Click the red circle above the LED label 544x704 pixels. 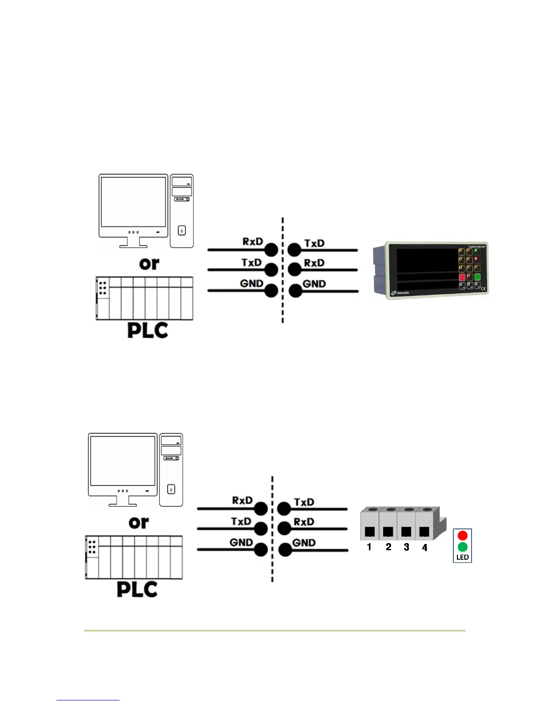click(x=462, y=536)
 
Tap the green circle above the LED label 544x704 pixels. click(x=462, y=547)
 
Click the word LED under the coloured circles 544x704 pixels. click(x=462, y=557)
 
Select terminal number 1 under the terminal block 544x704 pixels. click(x=369, y=547)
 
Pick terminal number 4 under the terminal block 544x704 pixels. click(x=424, y=548)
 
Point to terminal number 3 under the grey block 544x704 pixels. click(x=406, y=547)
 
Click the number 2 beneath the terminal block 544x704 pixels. click(x=388, y=547)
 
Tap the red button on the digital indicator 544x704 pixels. click(x=462, y=277)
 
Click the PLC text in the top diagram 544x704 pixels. click(x=148, y=330)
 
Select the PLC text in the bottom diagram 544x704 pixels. click(x=137, y=589)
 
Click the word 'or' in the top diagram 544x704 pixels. click(x=149, y=264)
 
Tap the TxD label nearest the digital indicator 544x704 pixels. click(x=314, y=244)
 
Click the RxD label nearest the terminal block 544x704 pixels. click(x=304, y=522)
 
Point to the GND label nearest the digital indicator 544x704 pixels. click(x=314, y=284)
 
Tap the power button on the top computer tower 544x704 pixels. click(x=182, y=231)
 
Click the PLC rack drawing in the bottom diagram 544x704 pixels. click(x=134, y=557)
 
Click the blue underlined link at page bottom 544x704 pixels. click(x=88, y=700)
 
